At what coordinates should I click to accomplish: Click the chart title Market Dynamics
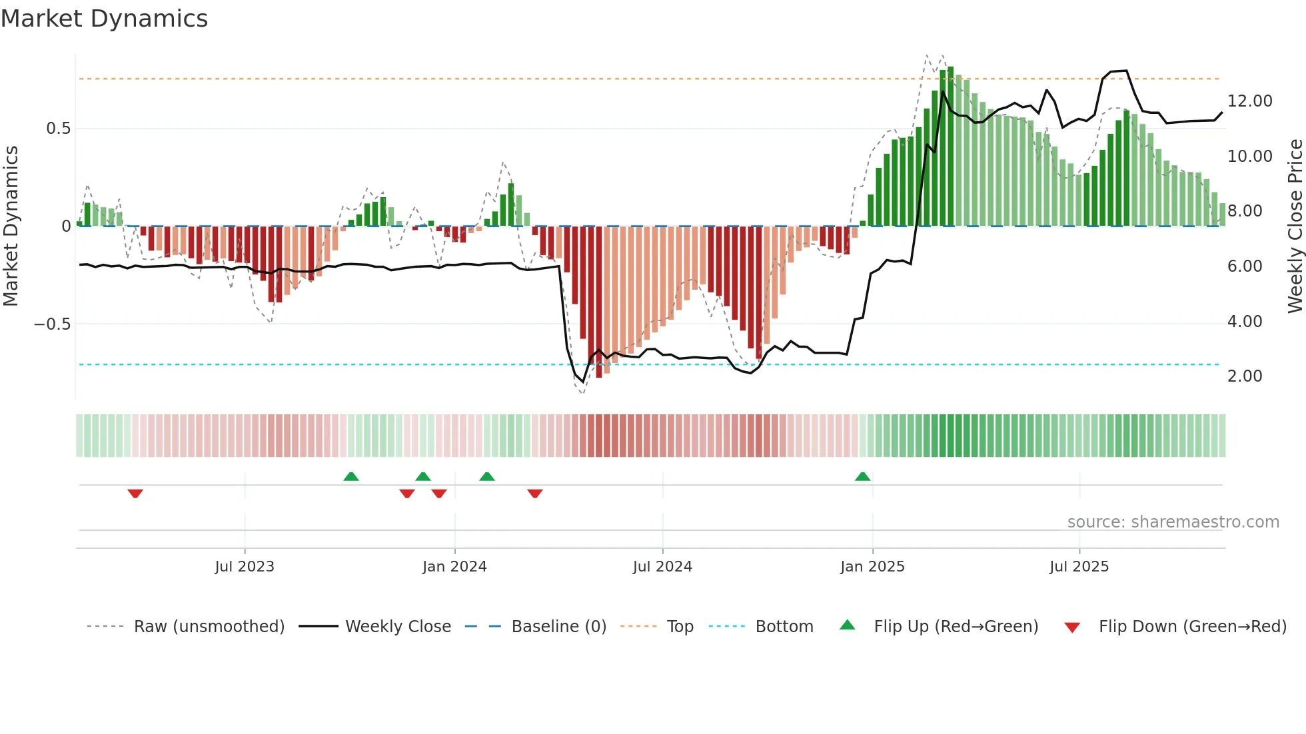[105, 19]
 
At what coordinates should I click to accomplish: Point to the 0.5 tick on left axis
[59, 129]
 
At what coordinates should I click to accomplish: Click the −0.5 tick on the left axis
[53, 324]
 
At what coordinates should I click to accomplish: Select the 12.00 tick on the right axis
[1249, 101]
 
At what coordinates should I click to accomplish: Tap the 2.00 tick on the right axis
[1245, 376]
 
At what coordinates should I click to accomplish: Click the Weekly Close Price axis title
[1295, 226]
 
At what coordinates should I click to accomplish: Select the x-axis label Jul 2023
[245, 567]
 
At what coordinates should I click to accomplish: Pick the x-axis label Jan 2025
[872, 567]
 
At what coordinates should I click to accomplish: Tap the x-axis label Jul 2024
[662, 567]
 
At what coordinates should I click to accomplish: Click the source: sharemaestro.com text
[1173, 522]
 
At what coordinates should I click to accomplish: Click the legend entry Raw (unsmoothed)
[209, 627]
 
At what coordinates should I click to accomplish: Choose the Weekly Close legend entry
[398, 627]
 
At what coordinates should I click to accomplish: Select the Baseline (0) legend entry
[558, 627]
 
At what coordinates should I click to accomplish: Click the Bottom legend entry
[784, 627]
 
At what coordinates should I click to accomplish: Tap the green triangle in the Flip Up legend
[847, 625]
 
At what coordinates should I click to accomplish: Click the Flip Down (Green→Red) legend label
[1192, 627]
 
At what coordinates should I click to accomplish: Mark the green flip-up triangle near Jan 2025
[862, 476]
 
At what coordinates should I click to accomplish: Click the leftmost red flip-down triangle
[135, 494]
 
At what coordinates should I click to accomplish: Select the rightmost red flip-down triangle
[534, 494]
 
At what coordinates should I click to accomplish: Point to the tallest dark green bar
[950, 147]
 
